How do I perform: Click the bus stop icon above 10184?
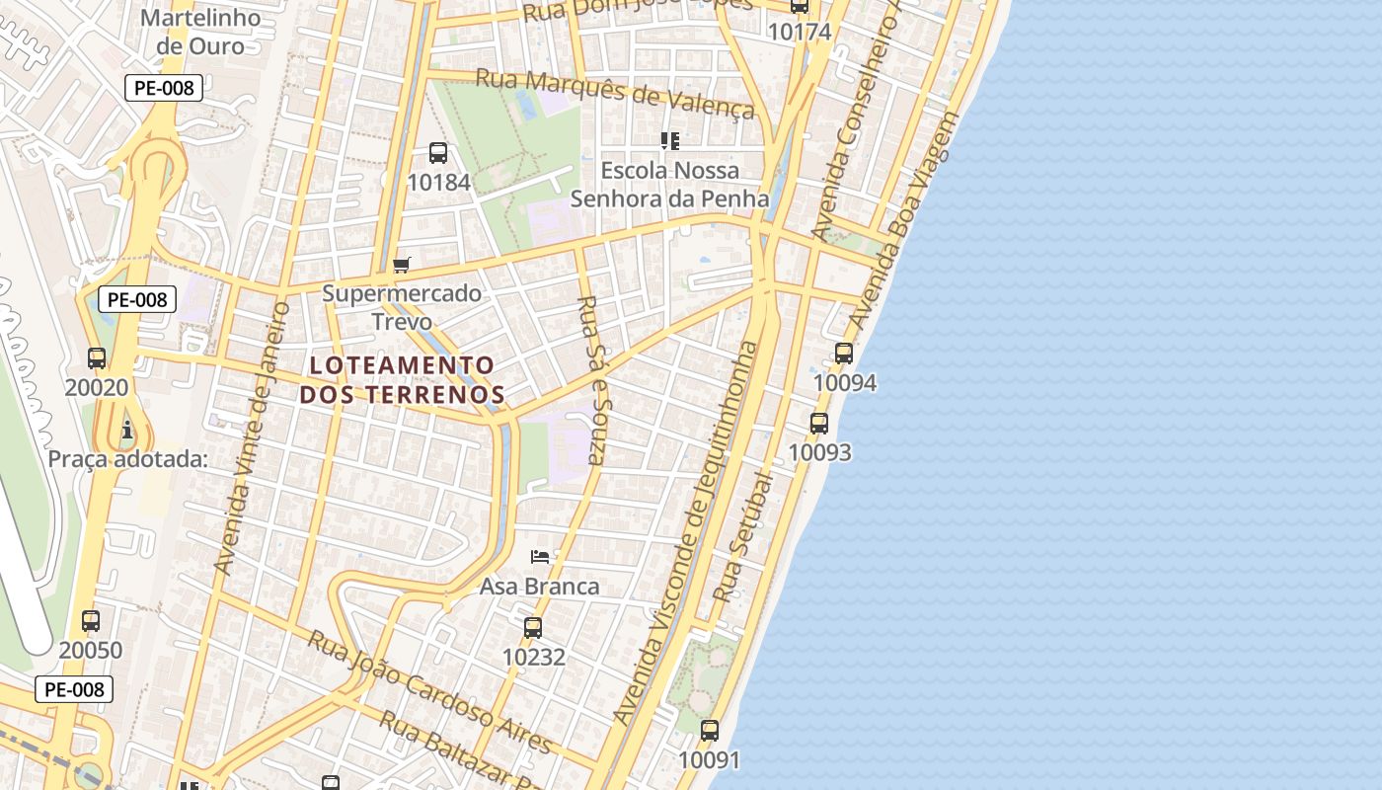pos(438,153)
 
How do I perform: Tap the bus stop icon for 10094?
pos(843,354)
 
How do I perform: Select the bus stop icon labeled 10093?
pos(819,424)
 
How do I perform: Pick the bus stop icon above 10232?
pos(533,628)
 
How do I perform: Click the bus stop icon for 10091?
pos(710,731)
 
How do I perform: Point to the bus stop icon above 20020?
pos(97,358)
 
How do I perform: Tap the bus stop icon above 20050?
pos(91,621)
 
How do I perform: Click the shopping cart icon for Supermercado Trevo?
pos(401,265)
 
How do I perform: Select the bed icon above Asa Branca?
pos(540,557)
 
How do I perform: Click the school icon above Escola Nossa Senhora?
pos(670,141)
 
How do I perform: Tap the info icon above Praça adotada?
pos(127,430)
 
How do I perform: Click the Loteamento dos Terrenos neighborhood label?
pos(402,380)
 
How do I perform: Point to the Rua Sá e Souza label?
pos(595,380)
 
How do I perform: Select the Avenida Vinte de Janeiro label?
pos(253,438)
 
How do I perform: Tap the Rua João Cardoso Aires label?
pos(429,691)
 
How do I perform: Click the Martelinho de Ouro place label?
pos(200,32)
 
